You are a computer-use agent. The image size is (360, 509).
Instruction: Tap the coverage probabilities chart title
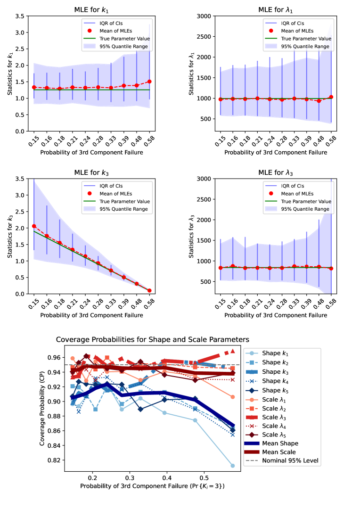pos(152,339)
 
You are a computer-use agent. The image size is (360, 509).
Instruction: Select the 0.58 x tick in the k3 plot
pos(149,304)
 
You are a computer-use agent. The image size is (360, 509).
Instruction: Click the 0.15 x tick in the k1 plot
pos(34,141)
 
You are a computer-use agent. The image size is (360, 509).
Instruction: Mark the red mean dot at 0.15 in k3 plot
pos(34,226)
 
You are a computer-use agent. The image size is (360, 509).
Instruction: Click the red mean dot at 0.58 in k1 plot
pos(149,82)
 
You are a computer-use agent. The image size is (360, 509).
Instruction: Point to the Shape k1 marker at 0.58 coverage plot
pos(233,466)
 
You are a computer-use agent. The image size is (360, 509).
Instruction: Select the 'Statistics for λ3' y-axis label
pos(192,236)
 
